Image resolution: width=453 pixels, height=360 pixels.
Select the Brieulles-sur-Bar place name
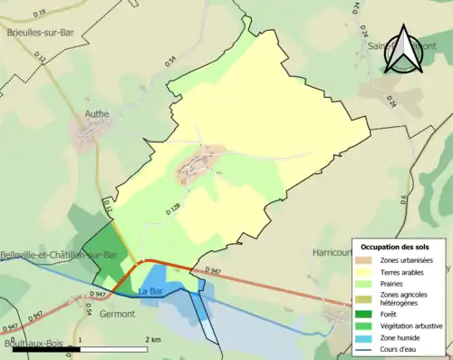point(40,32)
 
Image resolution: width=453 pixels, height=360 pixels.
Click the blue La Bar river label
point(150,291)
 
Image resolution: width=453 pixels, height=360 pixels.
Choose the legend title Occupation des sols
point(397,247)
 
